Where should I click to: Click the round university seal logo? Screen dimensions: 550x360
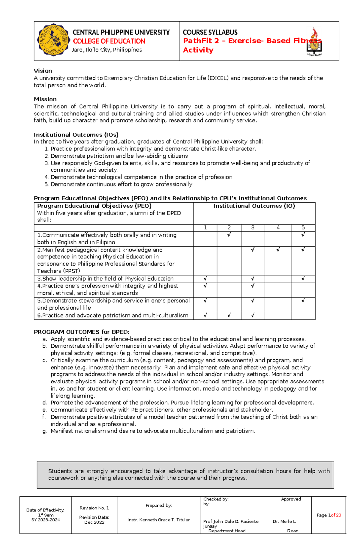coord(53,40)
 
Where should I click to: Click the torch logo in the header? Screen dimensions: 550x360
coord(314,42)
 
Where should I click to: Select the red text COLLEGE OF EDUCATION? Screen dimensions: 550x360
coord(109,41)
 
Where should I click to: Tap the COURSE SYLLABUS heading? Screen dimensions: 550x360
coord(210,32)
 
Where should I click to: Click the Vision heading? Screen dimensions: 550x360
coord(43,71)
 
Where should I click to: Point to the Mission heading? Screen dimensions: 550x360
coord(45,99)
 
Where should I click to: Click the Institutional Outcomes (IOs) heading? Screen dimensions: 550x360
coord(76,135)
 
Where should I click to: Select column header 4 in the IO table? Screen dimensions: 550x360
coord(278,228)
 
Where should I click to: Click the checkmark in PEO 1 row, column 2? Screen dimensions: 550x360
coord(229,235)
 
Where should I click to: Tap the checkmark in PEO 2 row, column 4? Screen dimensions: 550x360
coord(278,250)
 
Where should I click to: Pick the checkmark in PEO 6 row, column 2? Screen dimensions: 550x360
coord(229,315)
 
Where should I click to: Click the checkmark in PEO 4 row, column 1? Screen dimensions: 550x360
coord(205,286)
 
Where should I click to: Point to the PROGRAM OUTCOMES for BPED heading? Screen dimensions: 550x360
coord(81,332)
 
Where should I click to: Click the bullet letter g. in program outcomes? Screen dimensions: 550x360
coord(45,431)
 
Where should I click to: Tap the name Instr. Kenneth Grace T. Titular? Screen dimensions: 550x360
coord(158,520)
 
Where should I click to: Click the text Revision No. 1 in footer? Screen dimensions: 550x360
coord(94,508)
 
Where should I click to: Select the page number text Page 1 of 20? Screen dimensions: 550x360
coord(329,515)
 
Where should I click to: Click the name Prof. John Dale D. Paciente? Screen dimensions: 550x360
coord(231,522)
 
